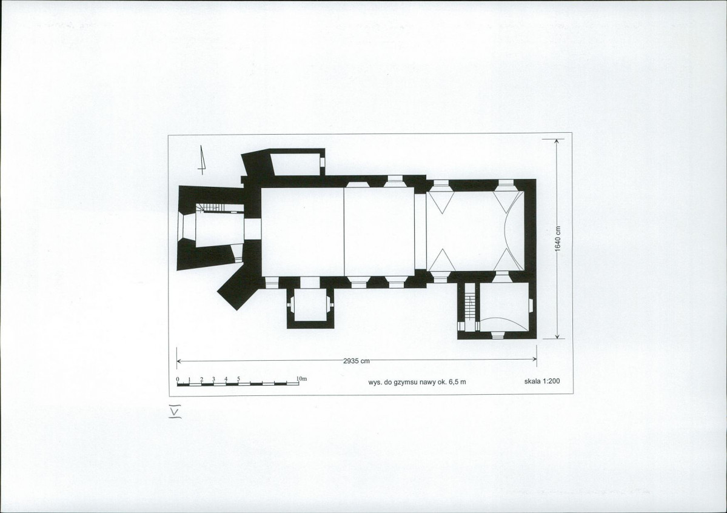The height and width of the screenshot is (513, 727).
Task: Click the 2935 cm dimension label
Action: pos(357,360)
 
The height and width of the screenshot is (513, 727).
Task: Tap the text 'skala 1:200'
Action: pos(542,381)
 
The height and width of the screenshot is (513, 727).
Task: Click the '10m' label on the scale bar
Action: pos(302,378)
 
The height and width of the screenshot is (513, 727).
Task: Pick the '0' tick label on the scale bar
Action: pos(178,380)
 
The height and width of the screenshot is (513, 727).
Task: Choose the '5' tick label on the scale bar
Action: pos(239,379)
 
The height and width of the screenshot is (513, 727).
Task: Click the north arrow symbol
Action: pos(202,159)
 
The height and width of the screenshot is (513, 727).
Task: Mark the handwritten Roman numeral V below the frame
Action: pos(175,411)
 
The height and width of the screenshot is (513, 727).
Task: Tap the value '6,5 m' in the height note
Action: pos(457,382)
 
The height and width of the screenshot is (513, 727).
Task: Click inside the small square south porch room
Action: pos(310,304)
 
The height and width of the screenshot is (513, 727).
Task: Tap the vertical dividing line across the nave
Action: pos(344,232)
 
